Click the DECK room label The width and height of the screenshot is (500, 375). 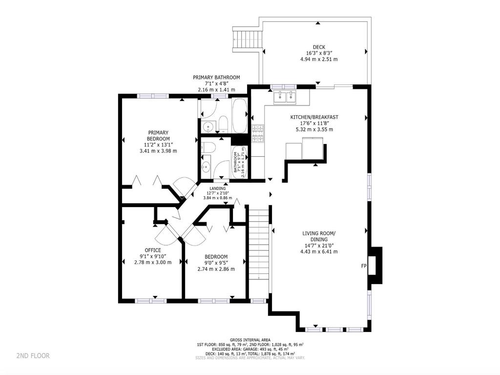(319, 47)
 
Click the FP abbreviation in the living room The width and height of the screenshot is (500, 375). (363, 266)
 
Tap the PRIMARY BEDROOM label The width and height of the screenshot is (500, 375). (158, 136)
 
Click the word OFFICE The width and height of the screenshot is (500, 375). (153, 250)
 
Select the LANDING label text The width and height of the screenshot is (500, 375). (218, 188)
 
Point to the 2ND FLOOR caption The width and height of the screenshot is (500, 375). (33, 355)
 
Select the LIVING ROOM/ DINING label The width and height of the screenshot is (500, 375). (319, 236)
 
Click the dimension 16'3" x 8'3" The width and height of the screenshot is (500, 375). (319, 53)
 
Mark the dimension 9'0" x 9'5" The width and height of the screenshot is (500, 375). (216, 263)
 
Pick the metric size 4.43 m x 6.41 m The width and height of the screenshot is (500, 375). (319, 252)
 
